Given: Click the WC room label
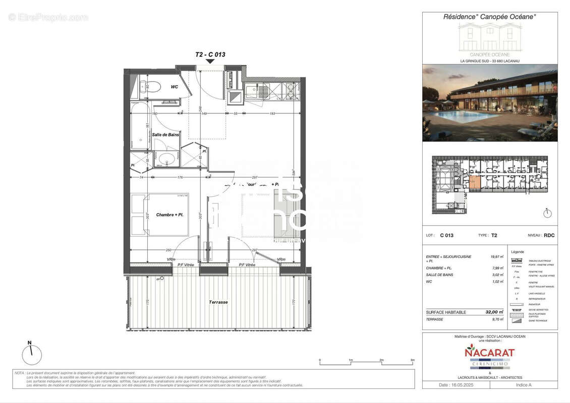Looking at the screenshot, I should click(174, 87).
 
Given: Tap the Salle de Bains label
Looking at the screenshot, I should click(165, 135).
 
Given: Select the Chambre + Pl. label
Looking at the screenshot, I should click(168, 215).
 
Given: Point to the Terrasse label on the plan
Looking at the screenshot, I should click(218, 302).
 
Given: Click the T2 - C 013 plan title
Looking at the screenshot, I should click(210, 54).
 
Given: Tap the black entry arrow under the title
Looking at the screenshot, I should click(210, 61).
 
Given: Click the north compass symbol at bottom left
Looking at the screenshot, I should click(32, 355).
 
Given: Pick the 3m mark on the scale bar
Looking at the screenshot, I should click(412, 360).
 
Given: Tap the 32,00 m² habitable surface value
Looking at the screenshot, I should click(495, 312).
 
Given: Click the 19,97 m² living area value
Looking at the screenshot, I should click(498, 257).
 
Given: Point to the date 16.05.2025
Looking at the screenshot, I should click(456, 385).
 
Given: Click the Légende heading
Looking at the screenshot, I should click(518, 252).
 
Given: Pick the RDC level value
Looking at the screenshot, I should click(549, 235).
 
